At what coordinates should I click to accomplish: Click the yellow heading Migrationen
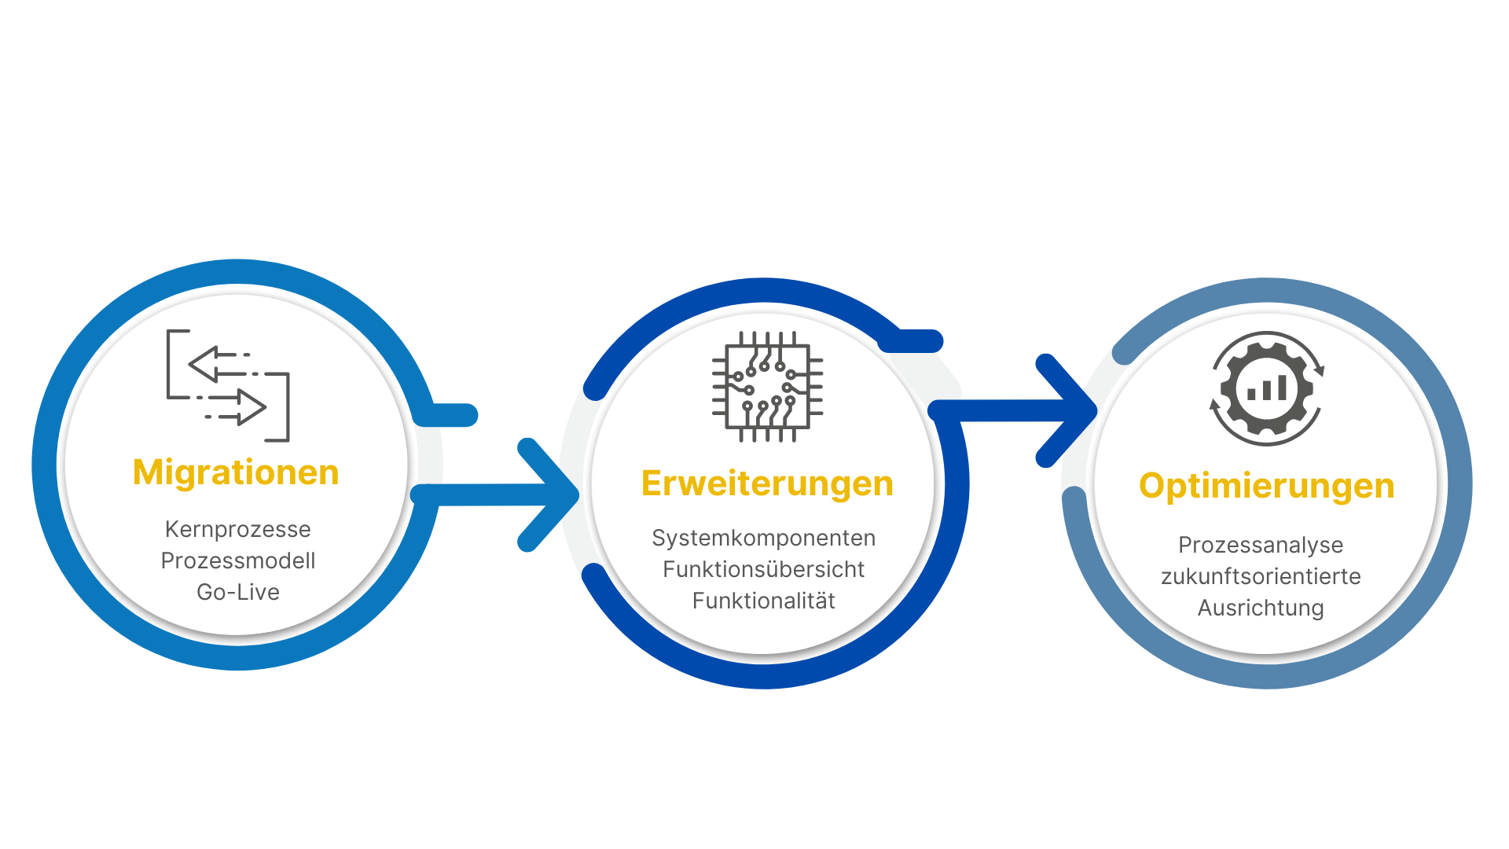click(x=236, y=472)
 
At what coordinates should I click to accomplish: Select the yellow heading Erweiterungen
click(x=767, y=483)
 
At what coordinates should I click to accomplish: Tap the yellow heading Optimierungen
click(x=1266, y=486)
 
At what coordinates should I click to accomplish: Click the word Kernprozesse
click(x=237, y=529)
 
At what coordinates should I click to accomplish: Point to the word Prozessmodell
click(x=237, y=560)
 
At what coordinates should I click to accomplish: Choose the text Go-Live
click(x=237, y=592)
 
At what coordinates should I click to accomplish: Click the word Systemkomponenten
click(x=763, y=538)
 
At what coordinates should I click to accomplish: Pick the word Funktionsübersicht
click(x=763, y=569)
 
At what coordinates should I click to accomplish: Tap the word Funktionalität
click(x=763, y=601)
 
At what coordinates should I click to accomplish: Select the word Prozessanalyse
click(x=1261, y=545)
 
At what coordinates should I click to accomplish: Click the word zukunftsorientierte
click(x=1261, y=576)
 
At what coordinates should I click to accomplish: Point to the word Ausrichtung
click(x=1261, y=608)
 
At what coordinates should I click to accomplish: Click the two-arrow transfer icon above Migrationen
click(x=228, y=385)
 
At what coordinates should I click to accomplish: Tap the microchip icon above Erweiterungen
click(x=767, y=387)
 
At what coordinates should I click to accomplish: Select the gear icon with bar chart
click(x=1267, y=388)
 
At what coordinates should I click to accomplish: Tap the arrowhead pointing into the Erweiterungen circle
click(x=558, y=494)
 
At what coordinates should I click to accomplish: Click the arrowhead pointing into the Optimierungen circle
click(x=1074, y=410)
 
